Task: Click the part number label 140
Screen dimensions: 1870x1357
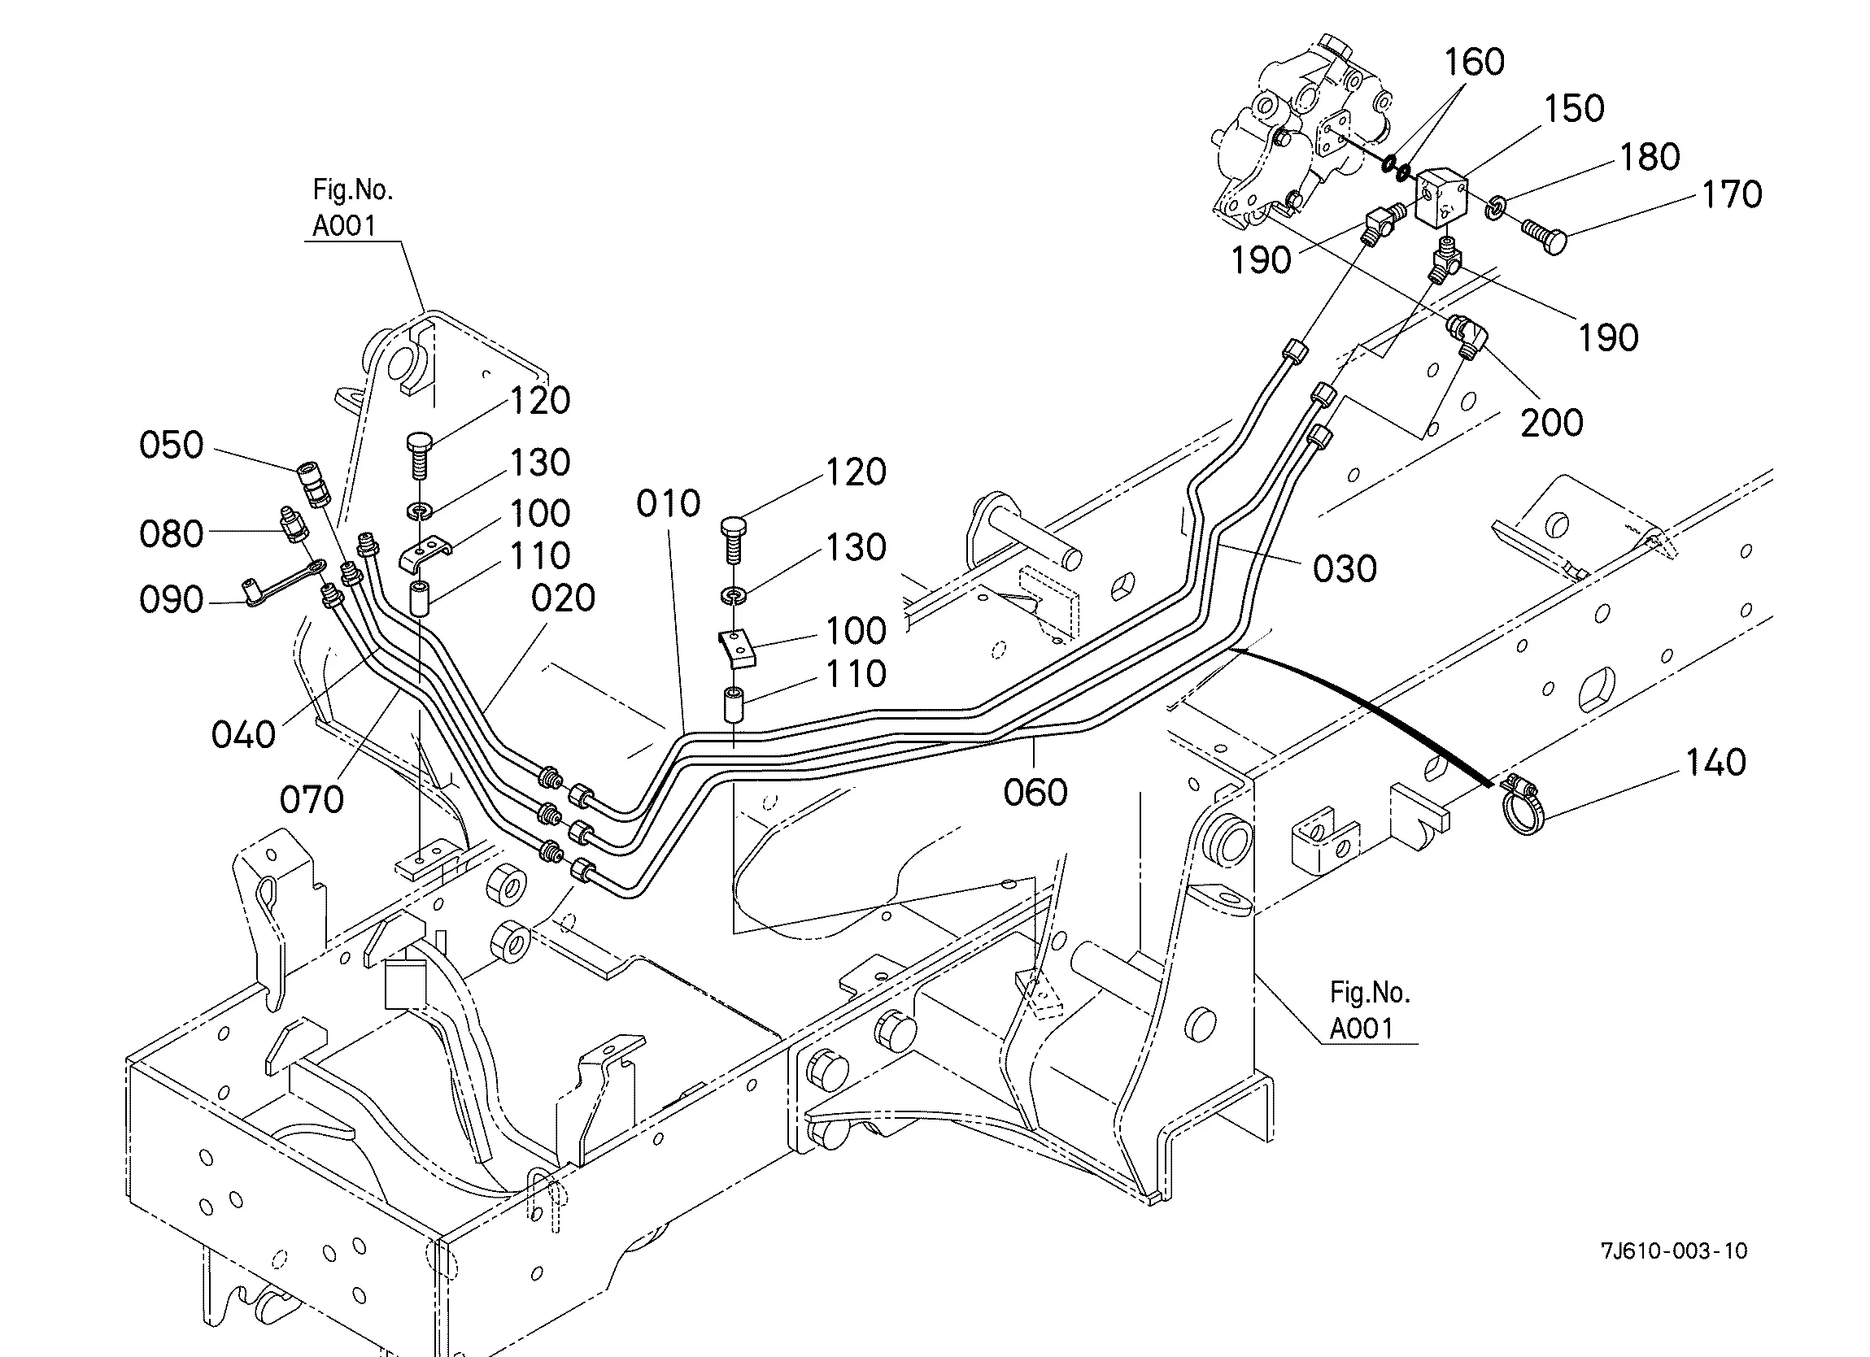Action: (x=1715, y=763)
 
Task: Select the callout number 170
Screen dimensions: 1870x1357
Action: (x=1733, y=194)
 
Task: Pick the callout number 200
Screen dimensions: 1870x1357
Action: (x=1552, y=423)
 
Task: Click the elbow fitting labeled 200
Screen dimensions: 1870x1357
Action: (x=1468, y=339)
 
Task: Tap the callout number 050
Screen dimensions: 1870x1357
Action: (x=172, y=446)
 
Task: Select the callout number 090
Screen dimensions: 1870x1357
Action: (x=172, y=599)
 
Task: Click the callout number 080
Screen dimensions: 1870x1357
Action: (x=172, y=534)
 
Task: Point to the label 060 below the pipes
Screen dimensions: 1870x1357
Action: (x=1035, y=792)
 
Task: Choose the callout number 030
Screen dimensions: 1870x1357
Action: (x=1345, y=569)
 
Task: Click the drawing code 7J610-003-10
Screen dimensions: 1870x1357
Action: (x=1674, y=1250)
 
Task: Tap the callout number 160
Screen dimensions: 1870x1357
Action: (x=1474, y=62)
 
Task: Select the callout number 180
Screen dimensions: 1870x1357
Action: (x=1650, y=157)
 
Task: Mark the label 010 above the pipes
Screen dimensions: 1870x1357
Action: (x=669, y=503)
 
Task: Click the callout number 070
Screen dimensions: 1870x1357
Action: (x=312, y=800)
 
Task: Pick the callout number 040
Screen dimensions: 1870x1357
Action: (x=243, y=734)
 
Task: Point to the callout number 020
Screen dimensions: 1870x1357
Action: (x=563, y=598)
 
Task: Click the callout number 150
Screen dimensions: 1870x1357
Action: (x=1574, y=109)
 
